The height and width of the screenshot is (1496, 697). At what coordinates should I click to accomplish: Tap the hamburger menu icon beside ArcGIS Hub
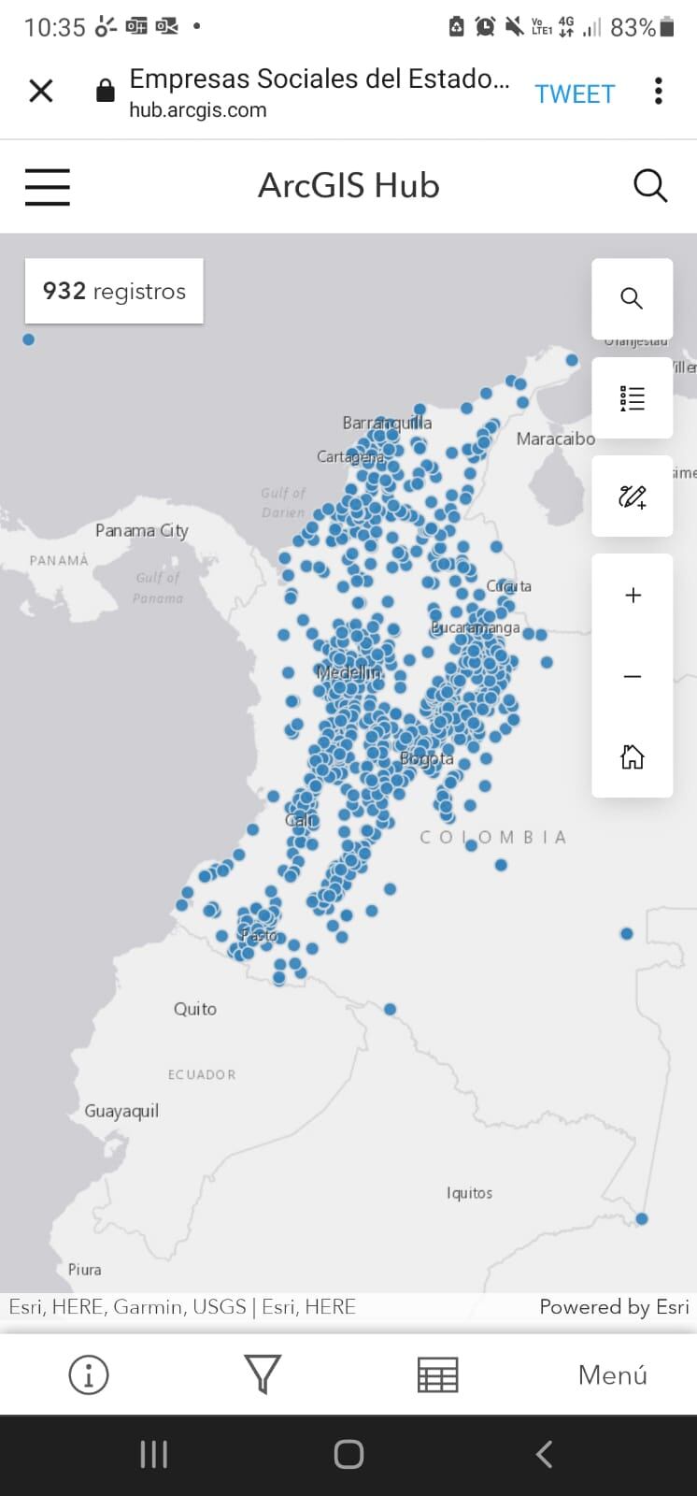tap(47, 186)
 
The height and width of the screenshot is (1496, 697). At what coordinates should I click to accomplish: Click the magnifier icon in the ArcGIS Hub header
tap(650, 185)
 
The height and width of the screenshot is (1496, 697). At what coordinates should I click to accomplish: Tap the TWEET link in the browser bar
tap(575, 93)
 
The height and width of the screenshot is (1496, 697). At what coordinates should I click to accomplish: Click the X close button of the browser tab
tap(41, 91)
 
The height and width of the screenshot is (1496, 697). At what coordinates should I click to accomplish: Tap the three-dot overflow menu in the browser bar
tap(659, 91)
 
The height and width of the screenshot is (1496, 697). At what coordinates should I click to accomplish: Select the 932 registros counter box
tap(114, 291)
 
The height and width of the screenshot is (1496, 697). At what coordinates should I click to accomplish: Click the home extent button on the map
tap(633, 756)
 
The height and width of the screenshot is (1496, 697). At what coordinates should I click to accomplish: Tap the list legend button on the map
tap(633, 398)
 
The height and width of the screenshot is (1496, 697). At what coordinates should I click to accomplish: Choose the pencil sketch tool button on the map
tap(633, 496)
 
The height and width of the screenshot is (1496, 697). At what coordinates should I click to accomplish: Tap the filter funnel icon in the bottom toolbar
tap(263, 1374)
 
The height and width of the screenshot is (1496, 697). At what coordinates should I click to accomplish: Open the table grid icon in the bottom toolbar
tap(437, 1375)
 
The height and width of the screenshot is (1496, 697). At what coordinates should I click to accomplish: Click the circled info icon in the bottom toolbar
tap(89, 1375)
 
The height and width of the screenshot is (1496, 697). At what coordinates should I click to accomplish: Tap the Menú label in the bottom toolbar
tap(612, 1374)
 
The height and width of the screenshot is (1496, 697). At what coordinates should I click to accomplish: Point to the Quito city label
tap(195, 1009)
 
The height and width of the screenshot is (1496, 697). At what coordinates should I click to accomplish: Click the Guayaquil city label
tap(121, 1111)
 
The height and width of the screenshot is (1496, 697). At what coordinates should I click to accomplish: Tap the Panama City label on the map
tap(142, 530)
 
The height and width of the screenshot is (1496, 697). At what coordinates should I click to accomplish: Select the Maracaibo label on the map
tap(555, 439)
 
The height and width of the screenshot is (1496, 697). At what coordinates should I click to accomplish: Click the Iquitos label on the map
tap(469, 1193)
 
